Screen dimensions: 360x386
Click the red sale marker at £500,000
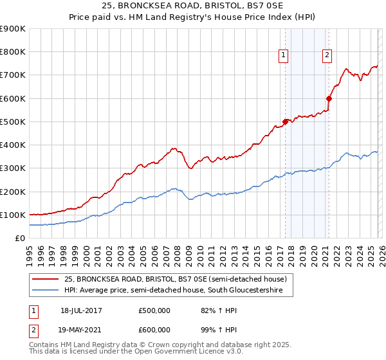285,122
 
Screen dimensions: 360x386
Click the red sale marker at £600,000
329,98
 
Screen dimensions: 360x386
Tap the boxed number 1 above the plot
283,56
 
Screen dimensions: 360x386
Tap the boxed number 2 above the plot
327,56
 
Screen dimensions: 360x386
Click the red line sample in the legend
46,279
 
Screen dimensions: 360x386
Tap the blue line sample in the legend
46,291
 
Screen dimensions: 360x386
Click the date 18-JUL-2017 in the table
81,310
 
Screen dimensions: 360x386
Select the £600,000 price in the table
154,328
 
